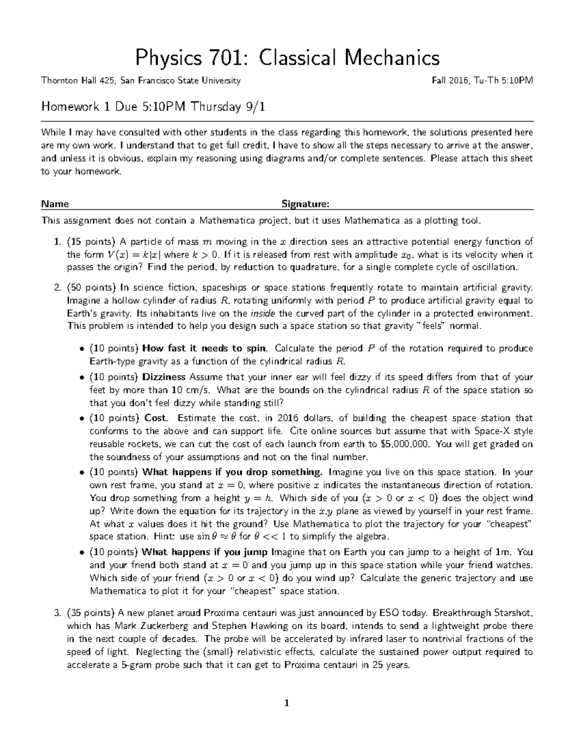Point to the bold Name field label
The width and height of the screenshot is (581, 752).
point(55,204)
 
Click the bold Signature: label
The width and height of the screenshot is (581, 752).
point(306,204)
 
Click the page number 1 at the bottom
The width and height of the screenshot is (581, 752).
point(287,704)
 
